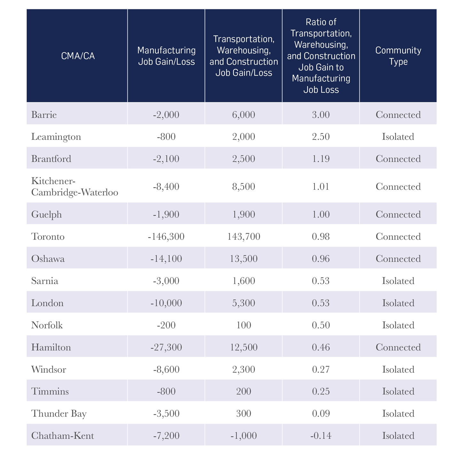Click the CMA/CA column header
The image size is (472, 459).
[78, 56]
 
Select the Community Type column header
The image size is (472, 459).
[398, 56]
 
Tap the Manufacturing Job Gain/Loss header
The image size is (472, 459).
[166, 56]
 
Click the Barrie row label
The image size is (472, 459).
[44, 115]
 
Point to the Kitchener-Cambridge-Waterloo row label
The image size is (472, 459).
[74, 187]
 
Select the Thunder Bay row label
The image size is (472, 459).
[59, 414]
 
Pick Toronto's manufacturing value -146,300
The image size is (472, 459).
[166, 237]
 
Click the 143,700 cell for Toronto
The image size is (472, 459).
[244, 237]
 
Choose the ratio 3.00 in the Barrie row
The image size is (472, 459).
[321, 115]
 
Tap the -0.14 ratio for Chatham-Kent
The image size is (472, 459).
[321, 436]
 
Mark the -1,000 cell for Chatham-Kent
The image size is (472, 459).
[244, 436]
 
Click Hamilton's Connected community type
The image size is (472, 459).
[398, 347]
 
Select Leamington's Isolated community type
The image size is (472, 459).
[398, 137]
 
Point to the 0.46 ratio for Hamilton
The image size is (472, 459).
[321, 347]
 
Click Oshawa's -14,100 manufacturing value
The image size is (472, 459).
[166, 259]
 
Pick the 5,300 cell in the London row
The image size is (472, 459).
[244, 303]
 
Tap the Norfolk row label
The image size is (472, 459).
[47, 325]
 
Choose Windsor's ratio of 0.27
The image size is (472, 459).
[321, 370]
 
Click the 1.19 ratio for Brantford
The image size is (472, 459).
[321, 159]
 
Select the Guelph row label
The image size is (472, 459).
[46, 214]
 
